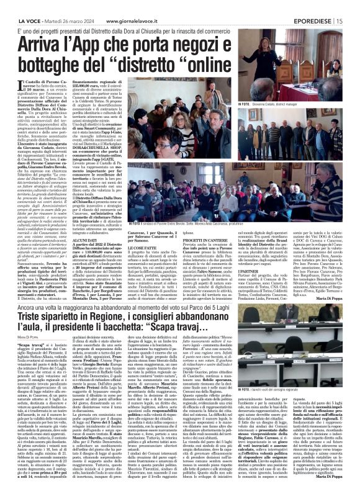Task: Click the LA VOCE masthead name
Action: coord(19,6)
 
